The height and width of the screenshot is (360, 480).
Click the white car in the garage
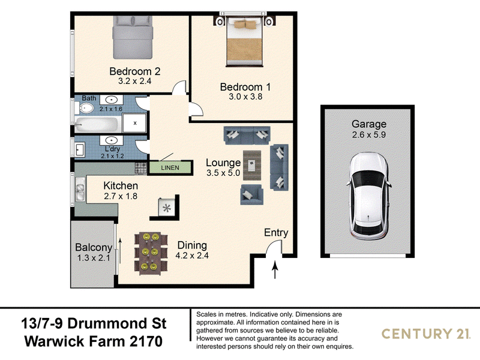(x=368, y=197)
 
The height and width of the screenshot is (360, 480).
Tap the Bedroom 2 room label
(x=134, y=71)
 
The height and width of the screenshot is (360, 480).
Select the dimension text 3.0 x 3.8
(x=245, y=97)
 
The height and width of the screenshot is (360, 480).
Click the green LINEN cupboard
(x=170, y=168)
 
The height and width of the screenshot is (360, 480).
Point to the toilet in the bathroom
(x=86, y=108)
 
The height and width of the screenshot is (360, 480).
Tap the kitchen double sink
(x=80, y=189)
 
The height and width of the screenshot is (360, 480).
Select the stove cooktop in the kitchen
(x=141, y=168)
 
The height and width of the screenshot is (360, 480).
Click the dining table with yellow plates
(x=151, y=253)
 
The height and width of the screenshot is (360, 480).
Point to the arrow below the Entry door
(x=275, y=269)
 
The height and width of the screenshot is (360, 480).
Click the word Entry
(x=276, y=233)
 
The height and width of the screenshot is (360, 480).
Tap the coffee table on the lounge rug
(x=252, y=166)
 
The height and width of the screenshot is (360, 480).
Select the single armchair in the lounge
(x=251, y=194)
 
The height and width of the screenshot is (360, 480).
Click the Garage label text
(x=369, y=124)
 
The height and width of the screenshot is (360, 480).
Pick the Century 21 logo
(x=426, y=334)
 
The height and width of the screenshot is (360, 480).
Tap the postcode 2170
(x=146, y=341)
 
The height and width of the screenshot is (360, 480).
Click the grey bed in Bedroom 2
(x=133, y=37)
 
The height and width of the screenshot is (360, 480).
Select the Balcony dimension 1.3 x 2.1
(x=94, y=258)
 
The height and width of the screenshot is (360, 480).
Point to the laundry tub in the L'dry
(x=79, y=149)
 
